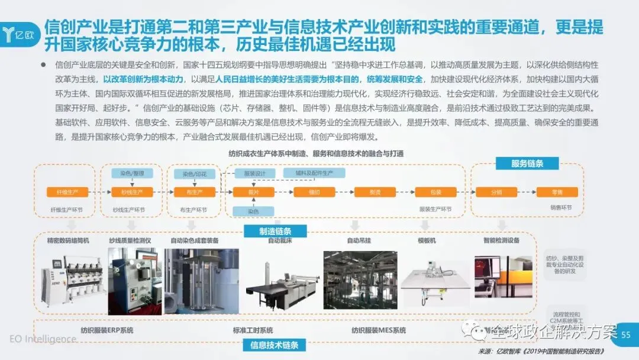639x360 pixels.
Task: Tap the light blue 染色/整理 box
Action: [132, 173]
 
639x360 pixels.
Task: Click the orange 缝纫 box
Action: [314, 192]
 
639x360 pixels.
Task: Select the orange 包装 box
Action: [436, 192]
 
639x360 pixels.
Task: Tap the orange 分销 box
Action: [496, 192]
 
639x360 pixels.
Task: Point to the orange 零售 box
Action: [557, 192]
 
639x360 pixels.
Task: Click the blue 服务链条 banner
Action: [527, 163]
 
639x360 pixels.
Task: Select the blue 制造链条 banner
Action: [275, 231]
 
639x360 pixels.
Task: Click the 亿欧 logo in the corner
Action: [21, 30]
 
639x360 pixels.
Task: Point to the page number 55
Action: [626, 335]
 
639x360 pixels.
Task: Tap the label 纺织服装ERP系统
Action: [107, 330]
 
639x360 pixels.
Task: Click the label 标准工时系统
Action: [253, 330]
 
